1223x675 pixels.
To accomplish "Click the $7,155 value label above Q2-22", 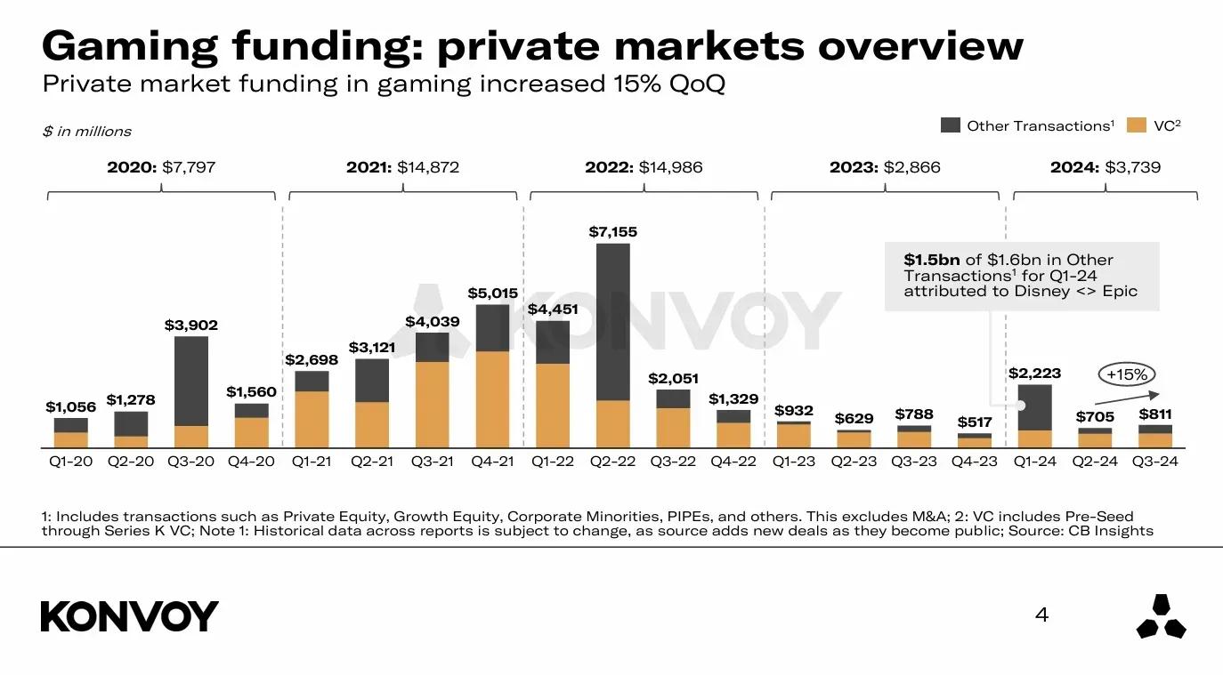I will coord(612,232).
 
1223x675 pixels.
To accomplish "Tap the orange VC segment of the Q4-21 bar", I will coord(492,398).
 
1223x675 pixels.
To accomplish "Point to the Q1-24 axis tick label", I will coord(1034,462).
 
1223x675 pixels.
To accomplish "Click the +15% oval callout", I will coord(1126,374).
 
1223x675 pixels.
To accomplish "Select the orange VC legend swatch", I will coord(1136,125).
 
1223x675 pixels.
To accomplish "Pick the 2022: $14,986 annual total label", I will coord(644,167).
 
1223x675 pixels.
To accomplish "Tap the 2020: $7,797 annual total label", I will coord(161,167).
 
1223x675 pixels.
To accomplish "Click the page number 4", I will coord(1042,615).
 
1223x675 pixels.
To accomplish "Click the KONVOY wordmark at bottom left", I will coord(130,616).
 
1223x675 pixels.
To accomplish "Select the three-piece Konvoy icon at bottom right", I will coord(1162,616).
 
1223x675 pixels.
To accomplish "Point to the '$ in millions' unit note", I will coord(86,132).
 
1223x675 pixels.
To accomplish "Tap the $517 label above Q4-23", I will coord(974,422).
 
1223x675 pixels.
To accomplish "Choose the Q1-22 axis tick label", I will coord(552,462).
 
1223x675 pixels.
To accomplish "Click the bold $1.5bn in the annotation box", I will coord(932,260).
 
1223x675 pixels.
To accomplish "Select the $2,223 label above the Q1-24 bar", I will coord(1034,374).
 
